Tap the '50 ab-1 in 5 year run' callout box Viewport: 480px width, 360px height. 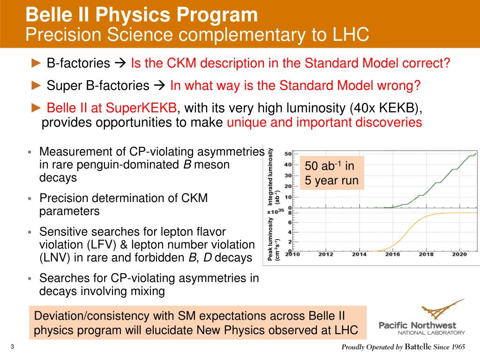(332, 173)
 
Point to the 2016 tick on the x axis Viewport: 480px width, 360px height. (393, 255)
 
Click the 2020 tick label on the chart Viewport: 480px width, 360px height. (459, 255)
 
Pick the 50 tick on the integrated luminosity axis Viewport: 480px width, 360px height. (289, 154)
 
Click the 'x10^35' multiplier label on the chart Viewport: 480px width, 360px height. (277, 211)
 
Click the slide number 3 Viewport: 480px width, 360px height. (12, 347)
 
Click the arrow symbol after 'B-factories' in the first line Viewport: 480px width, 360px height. (120, 63)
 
